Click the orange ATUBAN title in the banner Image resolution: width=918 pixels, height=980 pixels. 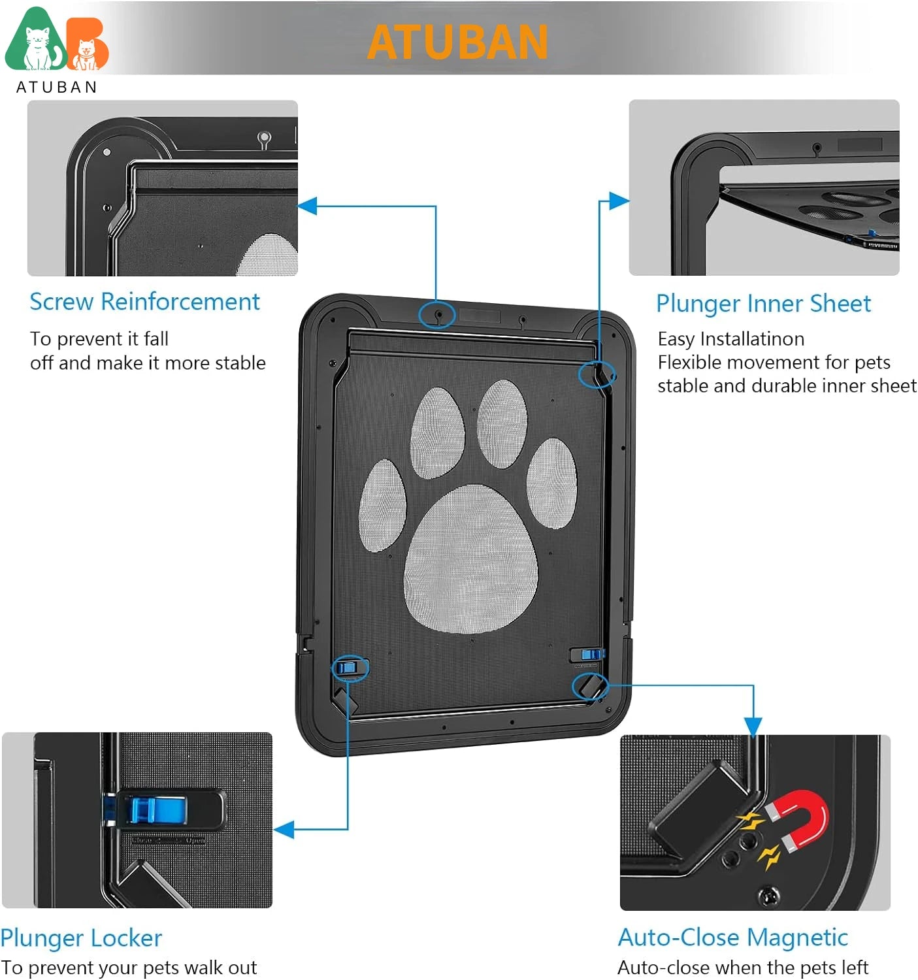[x=457, y=42]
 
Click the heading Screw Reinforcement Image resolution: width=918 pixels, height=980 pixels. [x=144, y=302]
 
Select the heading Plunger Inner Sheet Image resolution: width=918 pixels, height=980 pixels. [x=763, y=304]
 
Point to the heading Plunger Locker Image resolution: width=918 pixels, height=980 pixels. [x=81, y=938]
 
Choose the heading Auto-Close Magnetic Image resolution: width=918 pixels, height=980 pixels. [x=732, y=938]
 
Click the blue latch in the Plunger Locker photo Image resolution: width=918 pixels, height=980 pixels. [x=157, y=809]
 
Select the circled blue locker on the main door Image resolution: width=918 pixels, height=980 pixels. [x=350, y=668]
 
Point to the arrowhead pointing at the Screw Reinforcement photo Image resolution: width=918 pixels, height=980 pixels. [x=307, y=206]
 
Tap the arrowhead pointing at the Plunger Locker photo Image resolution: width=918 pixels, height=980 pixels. [x=284, y=830]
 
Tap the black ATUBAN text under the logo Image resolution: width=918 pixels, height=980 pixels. [x=56, y=87]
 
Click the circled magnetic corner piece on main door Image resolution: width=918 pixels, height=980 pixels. [x=590, y=686]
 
